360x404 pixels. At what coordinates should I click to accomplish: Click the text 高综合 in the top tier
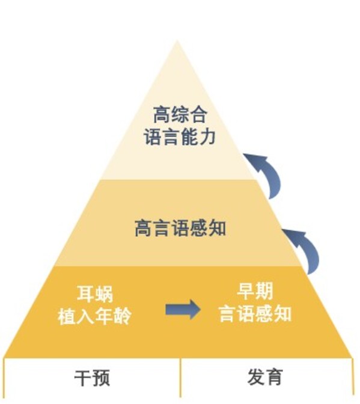tap(180, 114)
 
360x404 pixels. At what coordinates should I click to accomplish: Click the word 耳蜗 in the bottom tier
tap(94, 295)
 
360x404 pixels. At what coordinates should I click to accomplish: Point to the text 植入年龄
tap(94, 316)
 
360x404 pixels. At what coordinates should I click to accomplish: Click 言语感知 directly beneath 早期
tap(255, 314)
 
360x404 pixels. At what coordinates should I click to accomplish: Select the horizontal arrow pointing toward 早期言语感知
tap(183, 309)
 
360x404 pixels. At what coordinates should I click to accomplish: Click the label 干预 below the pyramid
tap(92, 378)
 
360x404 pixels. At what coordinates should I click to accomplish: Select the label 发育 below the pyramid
tap(264, 377)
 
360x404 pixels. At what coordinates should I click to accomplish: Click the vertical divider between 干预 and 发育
tap(180, 378)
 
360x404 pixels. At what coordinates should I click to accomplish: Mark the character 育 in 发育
tap(273, 377)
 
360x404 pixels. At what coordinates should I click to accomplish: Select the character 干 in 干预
tap(82, 378)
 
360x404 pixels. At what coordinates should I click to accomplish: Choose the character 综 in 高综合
tap(180, 114)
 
